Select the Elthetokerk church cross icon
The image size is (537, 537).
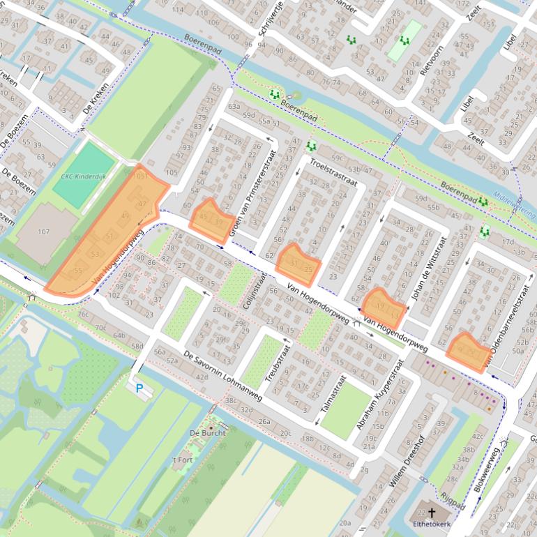point(432,513)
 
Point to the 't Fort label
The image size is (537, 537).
point(182,460)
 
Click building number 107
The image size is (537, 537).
point(44,232)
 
